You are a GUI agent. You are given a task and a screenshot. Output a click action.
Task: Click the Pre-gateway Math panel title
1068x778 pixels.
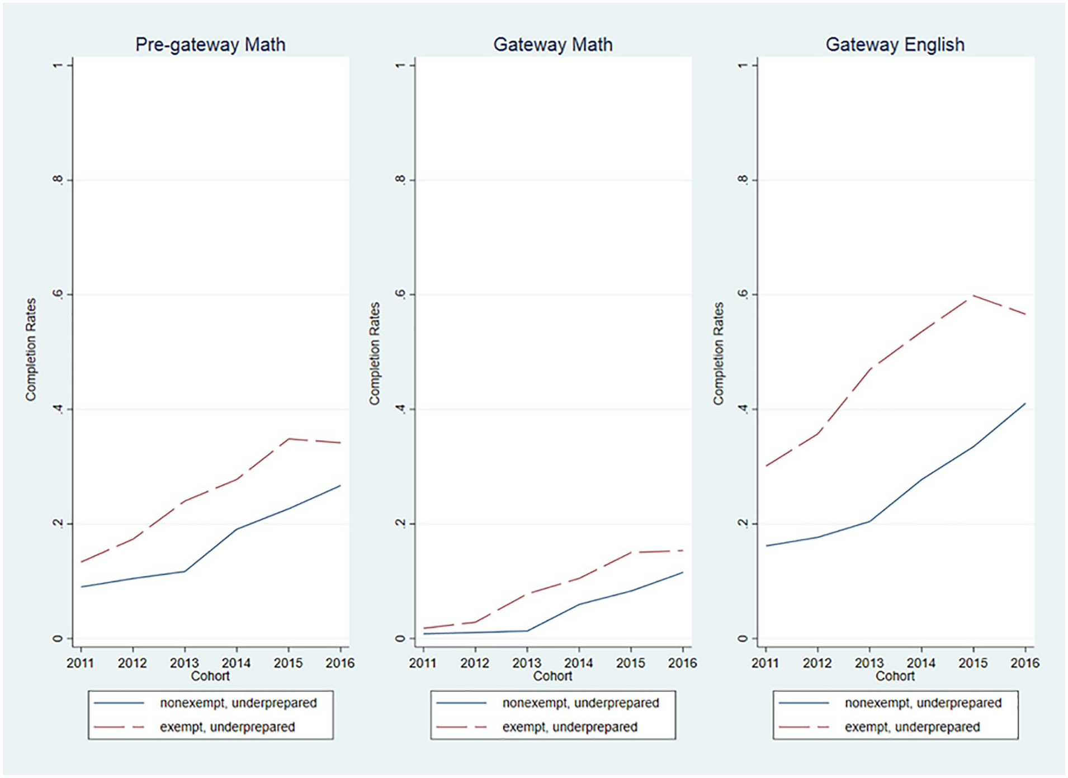point(210,44)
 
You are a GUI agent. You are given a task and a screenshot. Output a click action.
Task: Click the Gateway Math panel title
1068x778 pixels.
point(552,44)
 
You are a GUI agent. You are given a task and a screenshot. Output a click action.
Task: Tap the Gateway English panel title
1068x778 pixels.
point(895,44)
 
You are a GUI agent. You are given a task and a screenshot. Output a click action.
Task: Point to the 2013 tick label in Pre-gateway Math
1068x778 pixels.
point(184,663)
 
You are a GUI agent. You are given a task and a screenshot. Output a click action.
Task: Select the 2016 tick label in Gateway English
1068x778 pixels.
point(1025,663)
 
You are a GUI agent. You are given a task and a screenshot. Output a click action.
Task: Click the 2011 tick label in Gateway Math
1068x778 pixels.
point(423,663)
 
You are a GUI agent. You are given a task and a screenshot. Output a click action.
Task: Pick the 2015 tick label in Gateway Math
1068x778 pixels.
point(630,663)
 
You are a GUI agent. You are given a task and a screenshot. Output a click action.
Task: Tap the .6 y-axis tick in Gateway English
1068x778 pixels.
point(743,294)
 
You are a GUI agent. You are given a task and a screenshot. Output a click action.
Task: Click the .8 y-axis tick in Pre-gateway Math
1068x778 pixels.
point(57,179)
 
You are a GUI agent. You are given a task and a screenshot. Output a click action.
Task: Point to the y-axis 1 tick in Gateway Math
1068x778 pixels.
point(399,65)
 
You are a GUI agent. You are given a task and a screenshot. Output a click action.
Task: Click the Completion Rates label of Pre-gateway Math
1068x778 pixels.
point(31,349)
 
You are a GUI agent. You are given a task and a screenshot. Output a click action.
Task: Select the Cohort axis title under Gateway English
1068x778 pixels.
point(895,676)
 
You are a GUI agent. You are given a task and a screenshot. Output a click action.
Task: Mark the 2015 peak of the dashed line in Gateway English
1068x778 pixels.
point(974,295)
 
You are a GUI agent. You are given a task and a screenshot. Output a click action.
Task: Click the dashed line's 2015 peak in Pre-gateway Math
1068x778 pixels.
point(289,439)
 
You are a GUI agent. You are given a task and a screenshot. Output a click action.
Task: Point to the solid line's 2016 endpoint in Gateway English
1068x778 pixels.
point(1025,404)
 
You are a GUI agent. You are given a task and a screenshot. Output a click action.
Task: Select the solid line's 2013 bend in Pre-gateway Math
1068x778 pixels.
point(184,571)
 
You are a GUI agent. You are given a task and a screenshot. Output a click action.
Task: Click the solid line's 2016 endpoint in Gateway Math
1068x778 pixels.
point(682,572)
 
